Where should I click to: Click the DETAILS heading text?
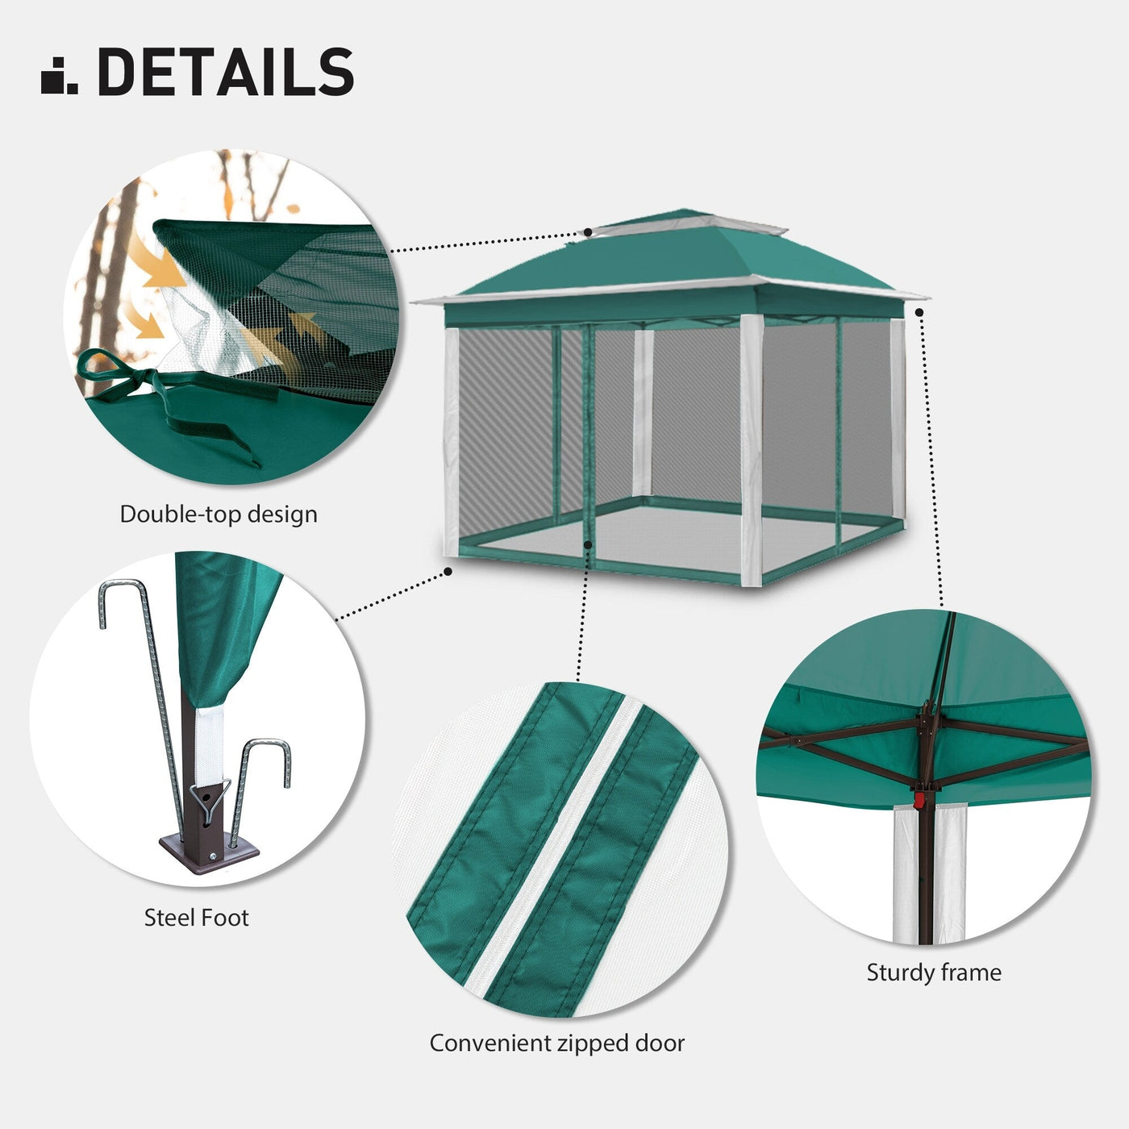pyautogui.click(x=226, y=72)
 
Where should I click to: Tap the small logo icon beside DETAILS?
pyautogui.click(x=59, y=76)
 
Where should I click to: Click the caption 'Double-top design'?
pyautogui.click(x=219, y=515)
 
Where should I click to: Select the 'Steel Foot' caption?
pyautogui.click(x=196, y=918)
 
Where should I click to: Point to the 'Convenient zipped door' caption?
pyautogui.click(x=556, y=1044)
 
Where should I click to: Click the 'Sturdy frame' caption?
pyautogui.click(x=934, y=973)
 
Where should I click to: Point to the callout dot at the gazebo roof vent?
pyautogui.click(x=589, y=231)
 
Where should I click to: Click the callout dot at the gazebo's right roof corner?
pyautogui.click(x=919, y=311)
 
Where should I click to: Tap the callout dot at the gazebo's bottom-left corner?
pyautogui.click(x=448, y=572)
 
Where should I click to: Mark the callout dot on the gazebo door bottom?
pyautogui.click(x=589, y=545)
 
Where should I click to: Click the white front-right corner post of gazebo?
pyautogui.click(x=751, y=444)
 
